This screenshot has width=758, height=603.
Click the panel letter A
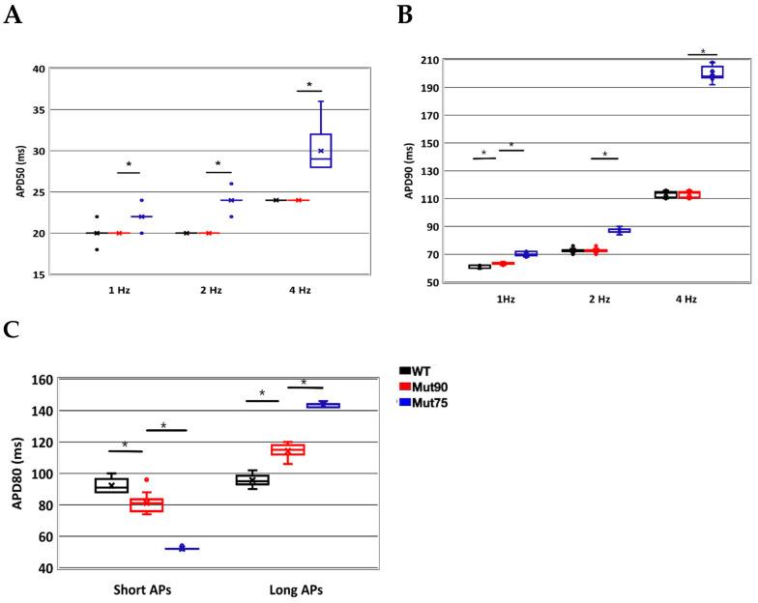[13, 17]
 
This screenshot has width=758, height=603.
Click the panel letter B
[405, 14]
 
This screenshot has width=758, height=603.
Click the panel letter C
[13, 330]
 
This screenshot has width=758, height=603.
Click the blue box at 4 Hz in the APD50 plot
[321, 150]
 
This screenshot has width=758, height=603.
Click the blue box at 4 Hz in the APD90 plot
[713, 72]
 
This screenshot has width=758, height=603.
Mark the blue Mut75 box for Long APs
[322, 405]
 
